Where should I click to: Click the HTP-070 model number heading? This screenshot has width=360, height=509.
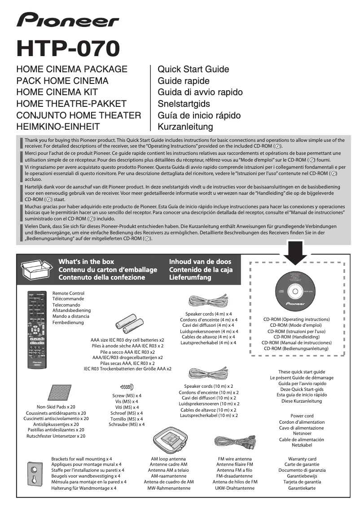pyautogui.click(x=68, y=48)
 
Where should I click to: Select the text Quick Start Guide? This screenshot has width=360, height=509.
pyautogui.click(x=193, y=70)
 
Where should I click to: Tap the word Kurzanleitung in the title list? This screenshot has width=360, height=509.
pyautogui.click(x=185, y=127)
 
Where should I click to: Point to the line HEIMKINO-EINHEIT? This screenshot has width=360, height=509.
pyautogui.click(x=58, y=127)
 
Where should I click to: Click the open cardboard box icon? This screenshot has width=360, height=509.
pyautogui.click(x=37, y=269)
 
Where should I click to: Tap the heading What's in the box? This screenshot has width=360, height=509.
pyautogui.click(x=86, y=262)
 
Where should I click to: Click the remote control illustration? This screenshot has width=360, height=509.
pyautogui.click(x=38, y=330)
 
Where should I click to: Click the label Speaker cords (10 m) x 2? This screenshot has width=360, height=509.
pyautogui.click(x=208, y=386)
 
